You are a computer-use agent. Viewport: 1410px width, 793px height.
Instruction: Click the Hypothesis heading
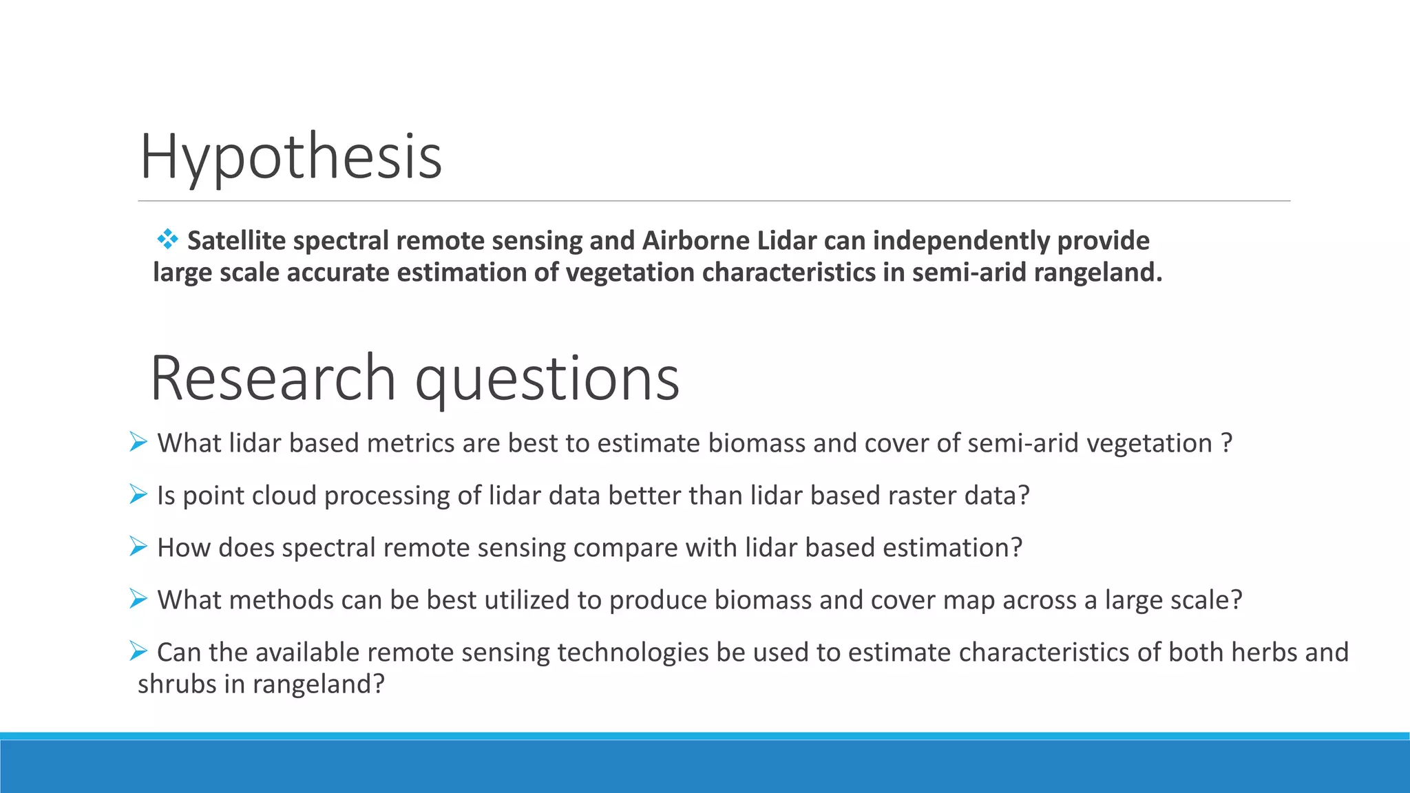291,157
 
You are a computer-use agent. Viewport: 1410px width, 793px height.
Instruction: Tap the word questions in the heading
547,380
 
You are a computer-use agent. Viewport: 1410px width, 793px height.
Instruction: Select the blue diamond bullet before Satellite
167,240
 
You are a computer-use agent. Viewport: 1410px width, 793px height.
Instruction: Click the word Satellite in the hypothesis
236,241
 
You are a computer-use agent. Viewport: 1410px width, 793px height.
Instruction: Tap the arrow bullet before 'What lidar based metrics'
138,442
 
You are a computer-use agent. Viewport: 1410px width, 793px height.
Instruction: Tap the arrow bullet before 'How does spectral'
138,547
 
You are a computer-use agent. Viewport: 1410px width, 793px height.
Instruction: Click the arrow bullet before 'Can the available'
138,651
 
